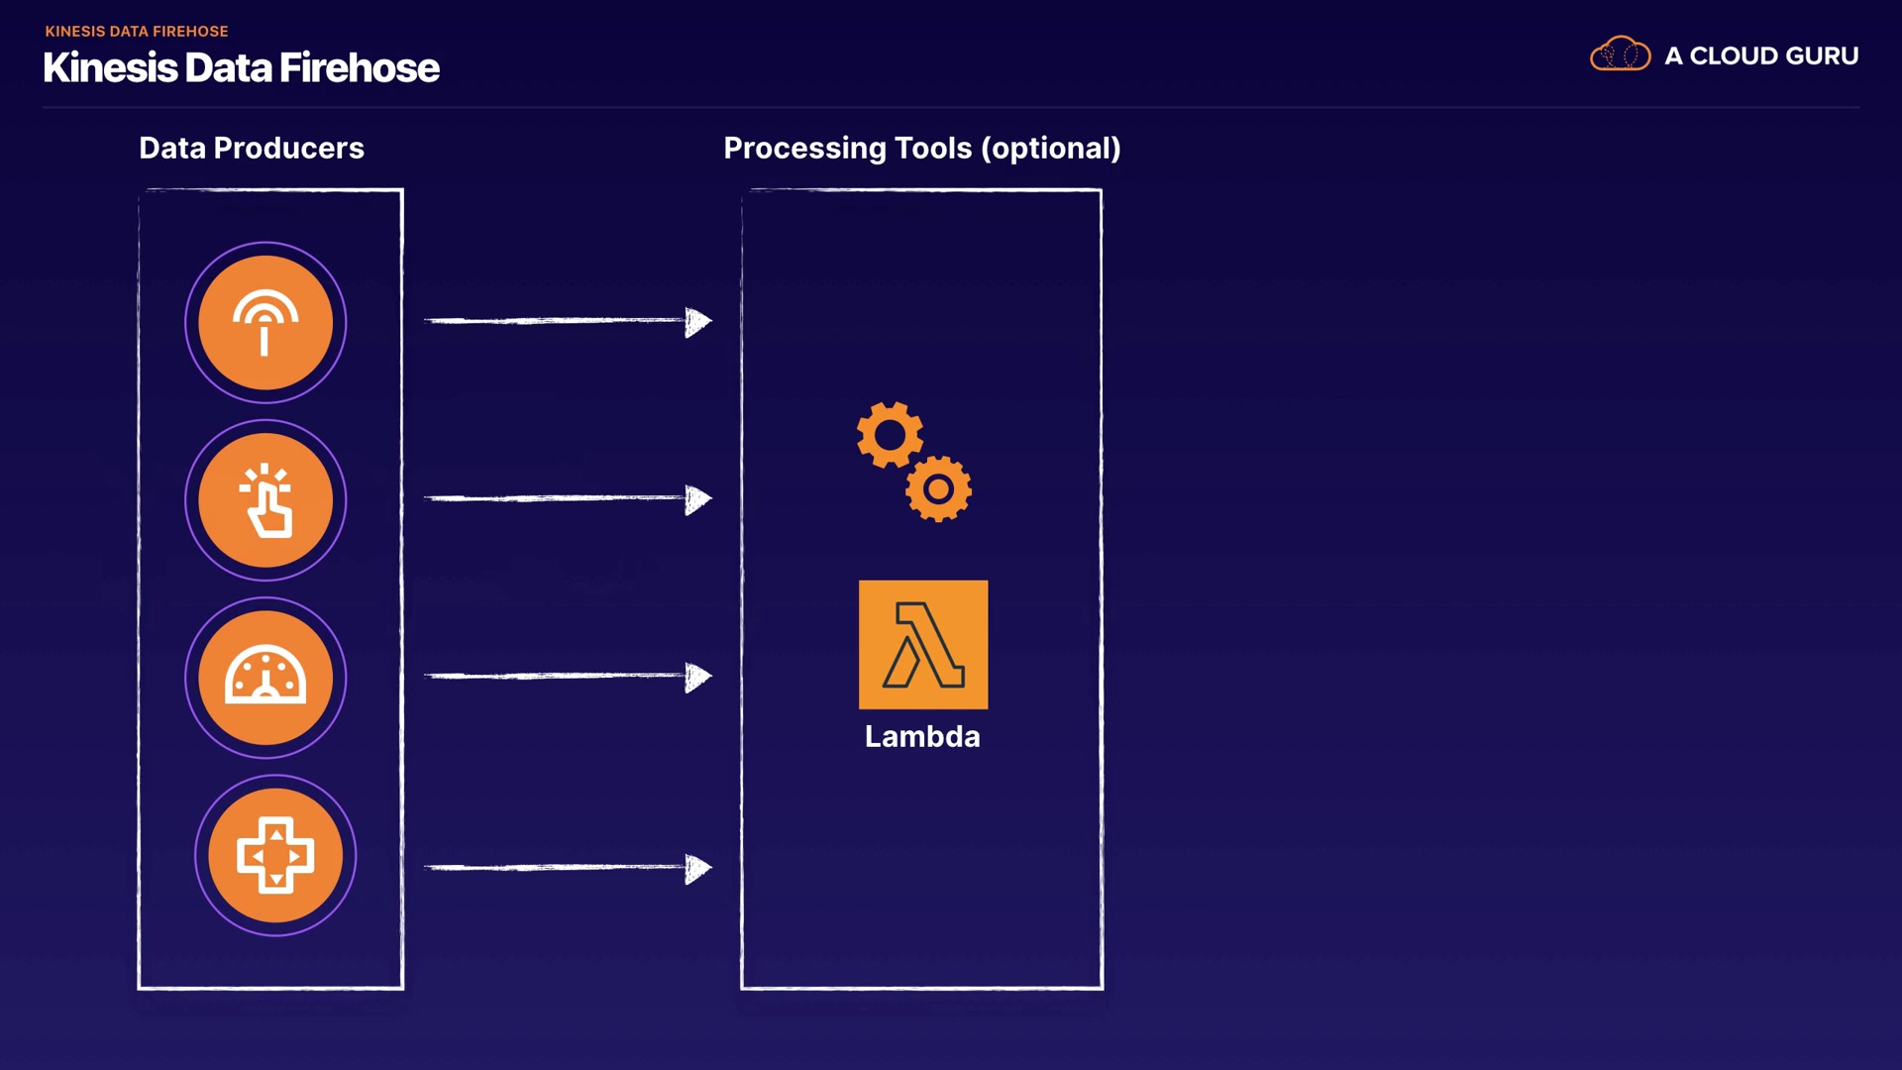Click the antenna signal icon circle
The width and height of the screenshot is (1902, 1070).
point(265,323)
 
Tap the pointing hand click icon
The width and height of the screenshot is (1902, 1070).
point(265,500)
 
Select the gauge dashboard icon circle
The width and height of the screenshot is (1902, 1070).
point(265,678)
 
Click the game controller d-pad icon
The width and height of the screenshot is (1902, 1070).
point(275,855)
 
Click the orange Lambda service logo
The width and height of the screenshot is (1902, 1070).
point(923,645)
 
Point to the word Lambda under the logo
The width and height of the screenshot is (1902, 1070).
point(922,737)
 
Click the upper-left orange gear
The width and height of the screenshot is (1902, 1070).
point(890,434)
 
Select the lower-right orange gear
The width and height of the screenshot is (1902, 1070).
point(938,488)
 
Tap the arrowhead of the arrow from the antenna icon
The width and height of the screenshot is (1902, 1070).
point(698,321)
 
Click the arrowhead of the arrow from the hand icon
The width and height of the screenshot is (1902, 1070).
point(698,498)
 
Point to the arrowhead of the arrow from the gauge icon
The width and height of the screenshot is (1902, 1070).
point(698,677)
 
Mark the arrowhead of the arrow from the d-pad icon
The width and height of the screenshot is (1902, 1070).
point(698,868)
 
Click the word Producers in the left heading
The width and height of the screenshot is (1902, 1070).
point(288,149)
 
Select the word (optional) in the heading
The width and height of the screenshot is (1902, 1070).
point(1051,149)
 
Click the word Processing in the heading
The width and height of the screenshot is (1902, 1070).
point(804,149)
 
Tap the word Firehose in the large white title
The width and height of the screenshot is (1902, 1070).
point(359,68)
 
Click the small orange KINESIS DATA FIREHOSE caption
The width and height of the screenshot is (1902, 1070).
point(137,32)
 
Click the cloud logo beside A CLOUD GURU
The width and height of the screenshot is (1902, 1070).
point(1620,54)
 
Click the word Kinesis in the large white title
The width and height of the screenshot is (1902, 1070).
point(110,68)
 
